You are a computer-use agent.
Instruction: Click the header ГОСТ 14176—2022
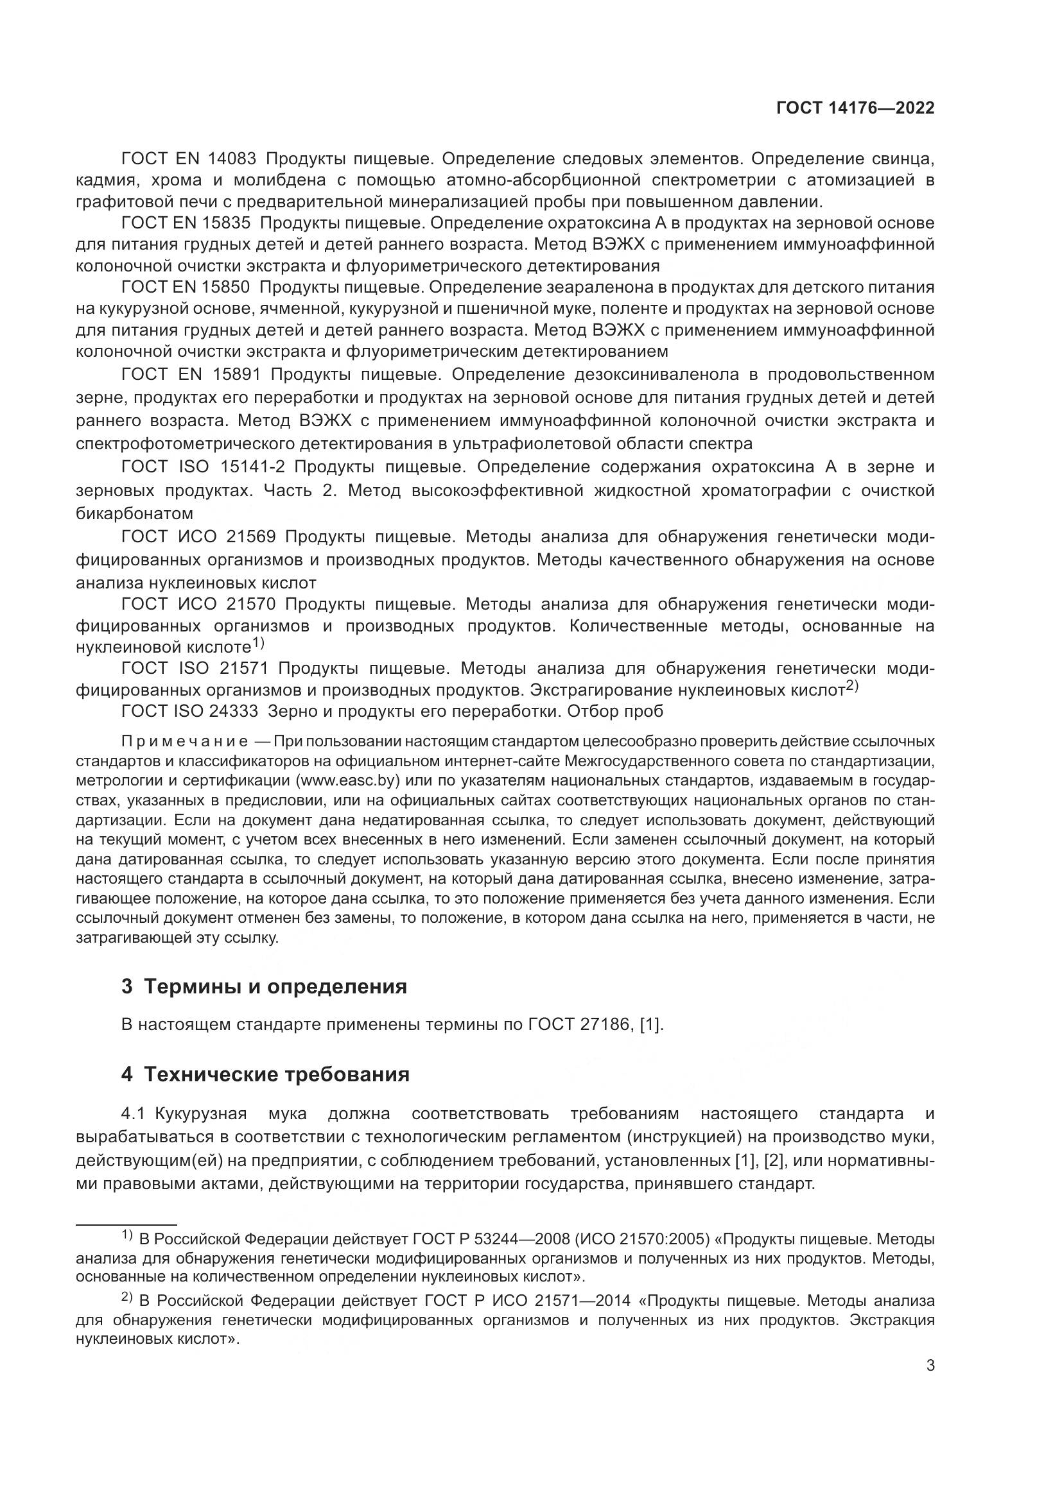click(855, 108)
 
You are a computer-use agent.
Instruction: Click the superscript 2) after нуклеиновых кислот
click(851, 686)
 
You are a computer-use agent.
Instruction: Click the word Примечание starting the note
click(184, 741)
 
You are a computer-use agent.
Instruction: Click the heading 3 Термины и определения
click(264, 986)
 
